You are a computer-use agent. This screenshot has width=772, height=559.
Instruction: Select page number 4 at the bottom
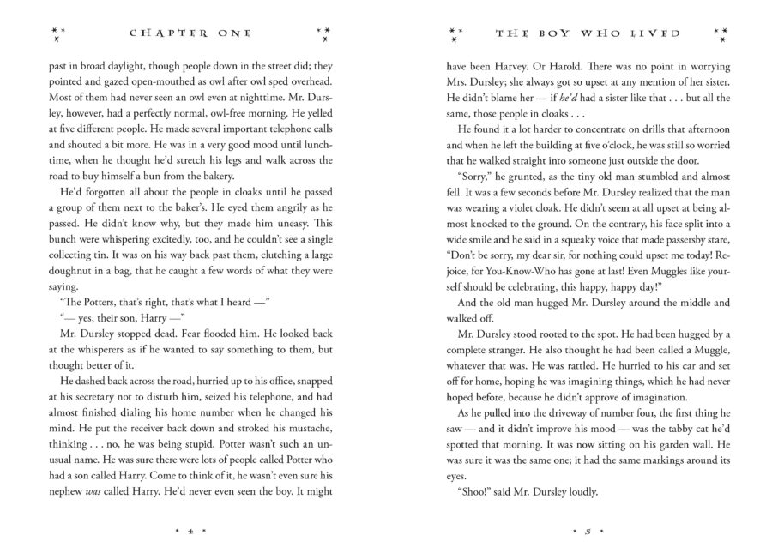click(x=190, y=532)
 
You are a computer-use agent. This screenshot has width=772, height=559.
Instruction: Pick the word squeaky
click(x=589, y=268)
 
